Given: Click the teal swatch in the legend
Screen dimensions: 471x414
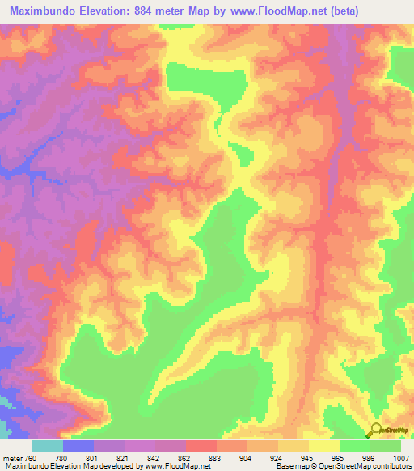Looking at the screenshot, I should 48,446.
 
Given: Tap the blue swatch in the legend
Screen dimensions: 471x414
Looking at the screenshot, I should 78,446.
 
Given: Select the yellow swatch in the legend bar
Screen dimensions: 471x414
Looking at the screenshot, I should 323,446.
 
